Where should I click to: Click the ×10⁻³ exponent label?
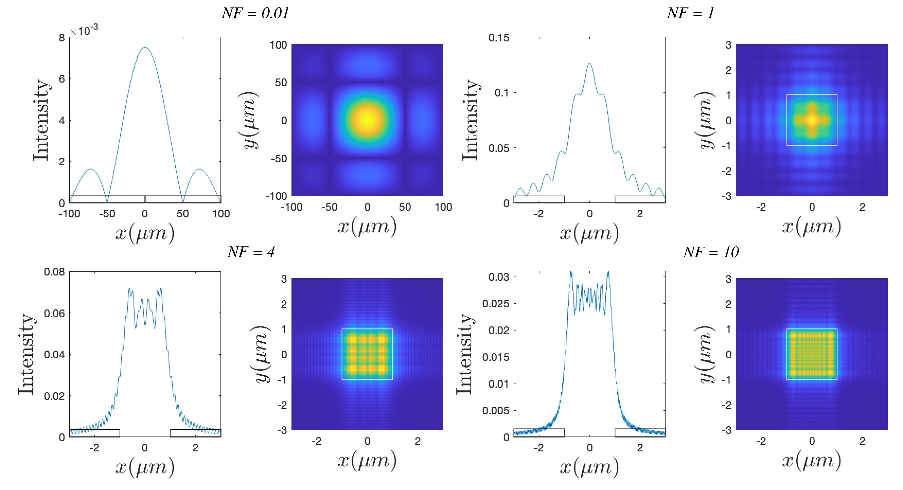pos(84,31)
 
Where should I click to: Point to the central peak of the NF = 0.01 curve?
pos(145,48)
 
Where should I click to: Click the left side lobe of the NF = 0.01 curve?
pos(91,170)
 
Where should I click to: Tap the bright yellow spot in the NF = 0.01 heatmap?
pos(367,120)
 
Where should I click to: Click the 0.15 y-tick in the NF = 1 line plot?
pos(499,38)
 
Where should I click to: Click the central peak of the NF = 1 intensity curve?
pos(590,64)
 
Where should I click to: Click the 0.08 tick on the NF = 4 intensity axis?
pos(54,272)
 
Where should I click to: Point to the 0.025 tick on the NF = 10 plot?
pos(495,304)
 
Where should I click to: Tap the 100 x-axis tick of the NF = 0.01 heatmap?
pos(443,207)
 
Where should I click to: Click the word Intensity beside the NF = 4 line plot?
pos(26,354)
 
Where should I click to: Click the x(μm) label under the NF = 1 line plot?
pos(589,233)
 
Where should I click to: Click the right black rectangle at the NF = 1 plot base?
pos(640,199)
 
